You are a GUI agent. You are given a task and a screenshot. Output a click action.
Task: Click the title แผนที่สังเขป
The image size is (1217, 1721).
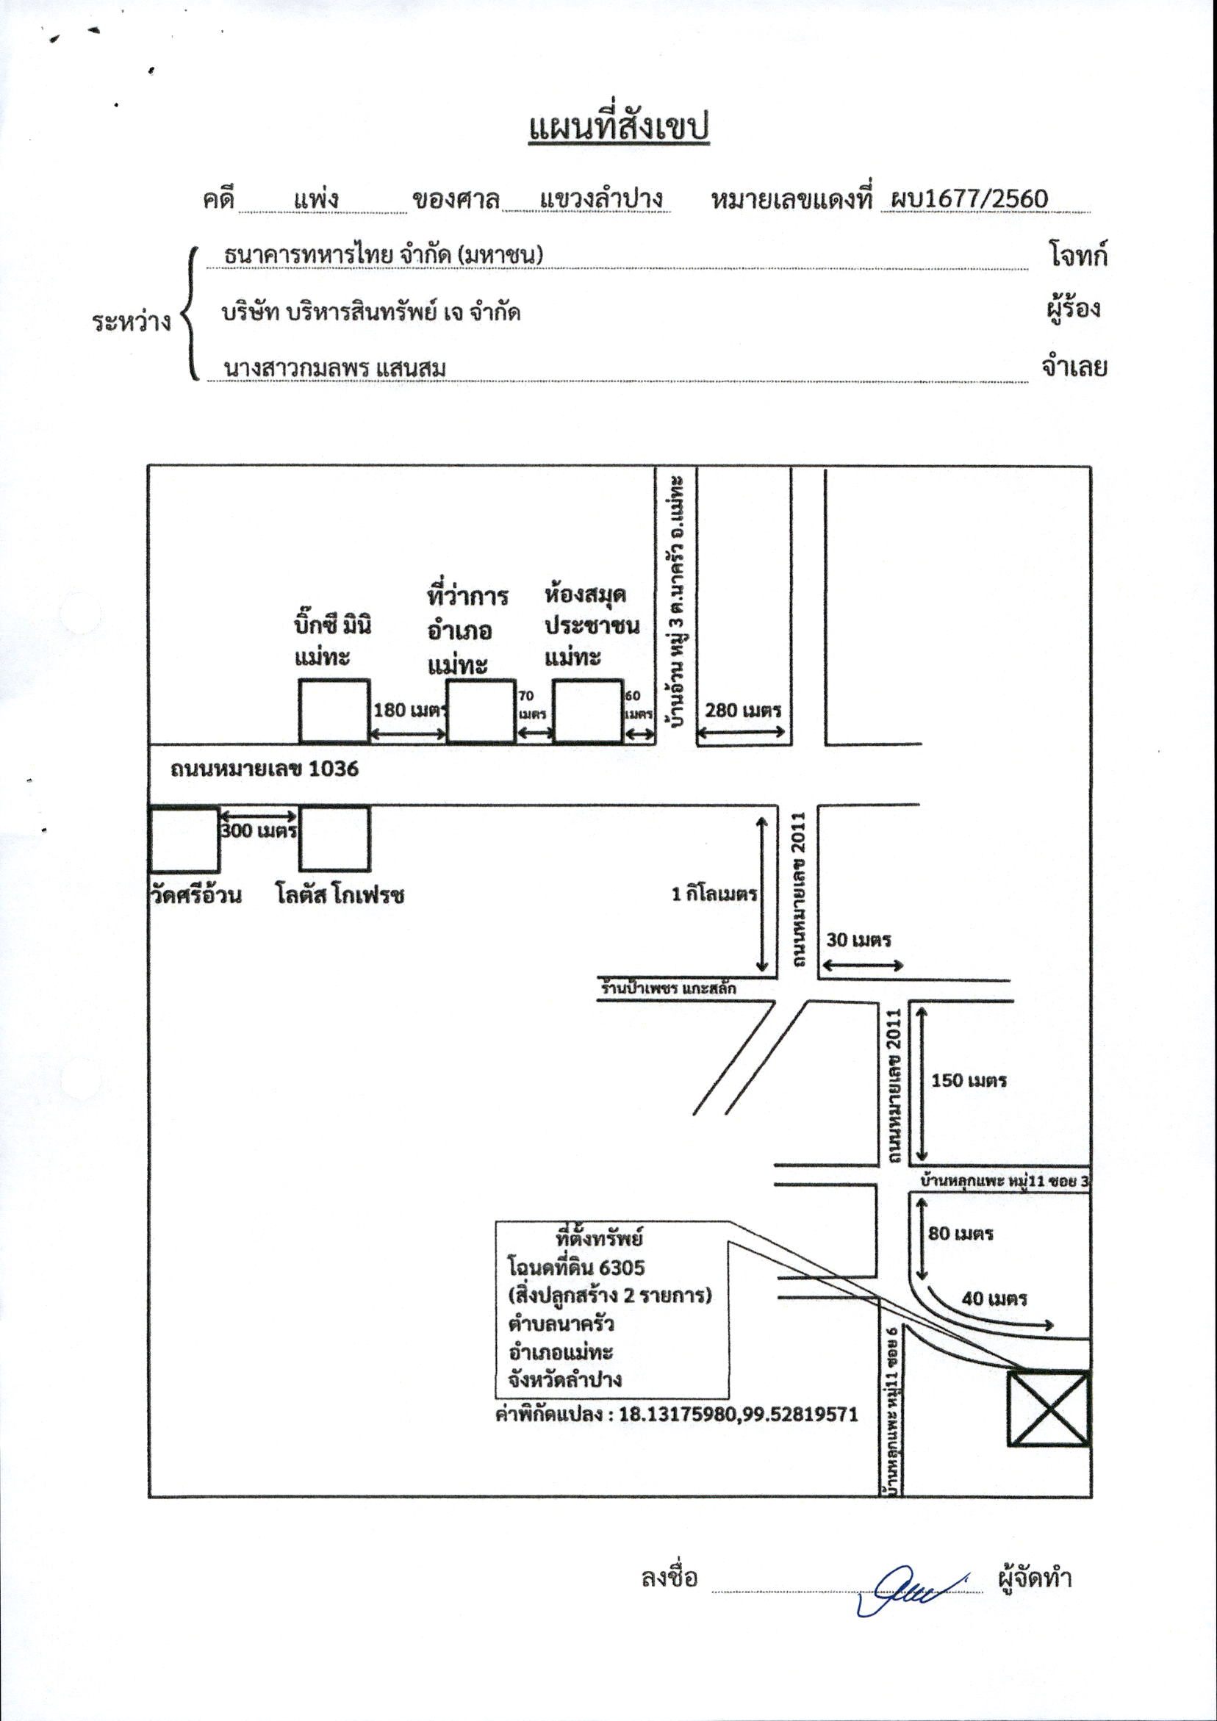point(620,127)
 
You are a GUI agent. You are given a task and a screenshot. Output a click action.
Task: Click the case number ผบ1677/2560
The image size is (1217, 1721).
point(968,198)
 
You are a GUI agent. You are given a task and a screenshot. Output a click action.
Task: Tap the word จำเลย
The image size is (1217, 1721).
point(1074,367)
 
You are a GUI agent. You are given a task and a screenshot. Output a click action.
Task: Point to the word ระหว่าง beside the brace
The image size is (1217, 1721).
point(132,323)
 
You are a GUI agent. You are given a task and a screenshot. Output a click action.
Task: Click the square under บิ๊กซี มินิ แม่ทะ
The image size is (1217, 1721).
point(334,711)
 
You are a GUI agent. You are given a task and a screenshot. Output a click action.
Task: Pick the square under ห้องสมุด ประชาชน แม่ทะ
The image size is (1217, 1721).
point(588,711)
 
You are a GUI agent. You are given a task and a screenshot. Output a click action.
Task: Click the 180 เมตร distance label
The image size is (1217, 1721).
point(410,709)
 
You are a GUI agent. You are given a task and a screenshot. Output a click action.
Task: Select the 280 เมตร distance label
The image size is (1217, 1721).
point(743,709)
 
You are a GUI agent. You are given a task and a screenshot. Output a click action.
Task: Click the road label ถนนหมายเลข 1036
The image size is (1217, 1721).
point(264,769)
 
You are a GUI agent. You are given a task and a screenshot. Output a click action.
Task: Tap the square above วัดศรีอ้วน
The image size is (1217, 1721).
point(184,839)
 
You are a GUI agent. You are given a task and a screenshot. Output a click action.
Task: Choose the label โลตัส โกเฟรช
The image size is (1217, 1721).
point(340,895)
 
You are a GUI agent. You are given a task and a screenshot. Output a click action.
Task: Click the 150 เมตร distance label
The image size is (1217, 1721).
point(969,1080)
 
